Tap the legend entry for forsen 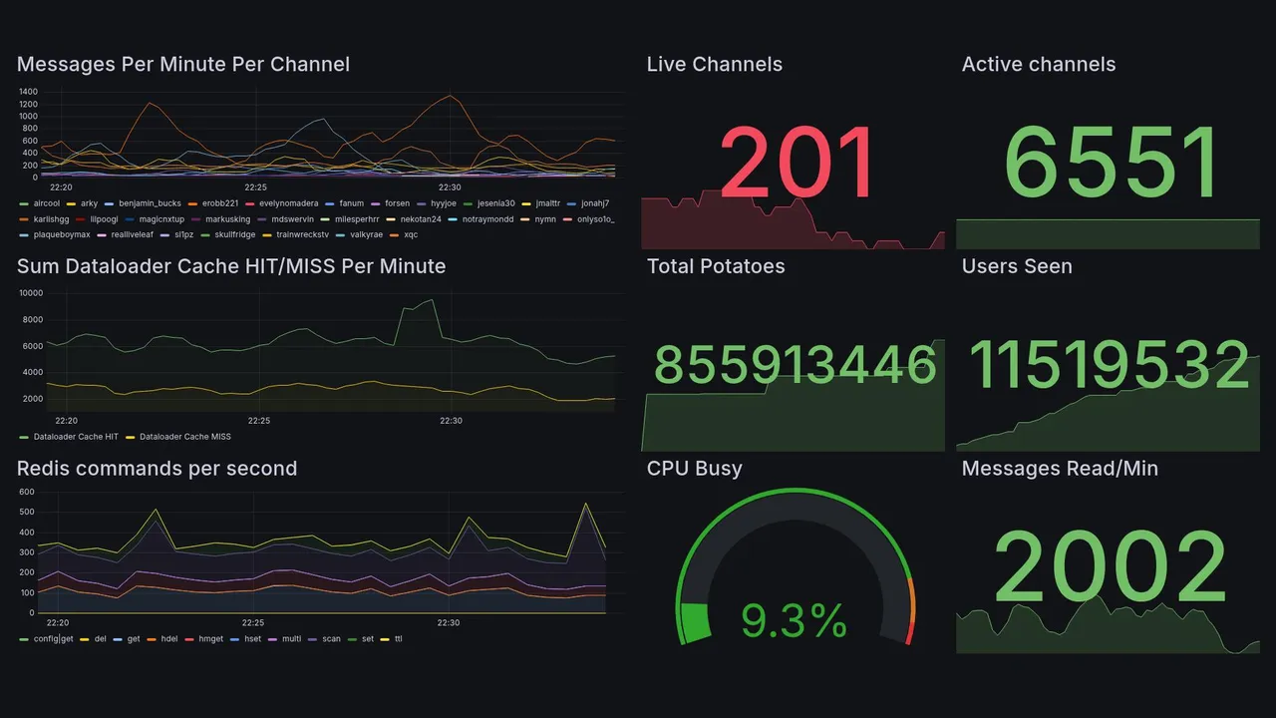point(397,203)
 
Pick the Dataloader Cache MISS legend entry point(184,437)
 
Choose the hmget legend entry point(210,638)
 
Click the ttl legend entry point(398,638)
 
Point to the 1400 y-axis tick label point(28,92)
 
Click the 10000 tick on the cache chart point(30,293)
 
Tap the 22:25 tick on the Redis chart point(254,622)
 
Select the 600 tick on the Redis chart point(27,492)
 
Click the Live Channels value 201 point(797,165)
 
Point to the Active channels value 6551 point(1112,165)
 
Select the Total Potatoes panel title point(715,266)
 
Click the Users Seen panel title point(1016,266)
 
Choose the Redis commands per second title point(157,469)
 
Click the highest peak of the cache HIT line point(431,300)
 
